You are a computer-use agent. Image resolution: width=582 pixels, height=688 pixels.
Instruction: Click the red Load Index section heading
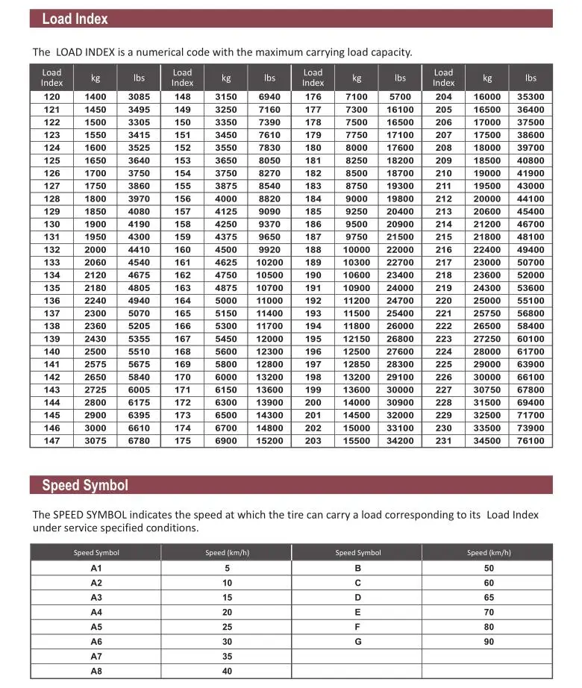(75, 19)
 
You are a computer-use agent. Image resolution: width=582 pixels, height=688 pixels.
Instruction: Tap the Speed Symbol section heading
(84, 485)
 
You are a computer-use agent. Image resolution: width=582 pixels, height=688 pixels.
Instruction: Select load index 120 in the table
(51, 97)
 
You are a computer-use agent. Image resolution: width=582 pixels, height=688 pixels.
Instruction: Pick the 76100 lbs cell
(531, 441)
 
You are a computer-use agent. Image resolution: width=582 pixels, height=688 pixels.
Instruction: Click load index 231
(443, 441)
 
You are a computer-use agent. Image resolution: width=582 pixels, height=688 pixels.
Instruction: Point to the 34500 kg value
(487, 441)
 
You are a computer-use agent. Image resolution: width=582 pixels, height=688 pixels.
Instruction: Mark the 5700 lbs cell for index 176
(400, 97)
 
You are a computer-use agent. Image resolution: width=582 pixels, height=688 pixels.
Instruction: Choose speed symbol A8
(96, 671)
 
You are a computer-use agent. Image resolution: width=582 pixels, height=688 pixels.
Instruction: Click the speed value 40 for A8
(227, 671)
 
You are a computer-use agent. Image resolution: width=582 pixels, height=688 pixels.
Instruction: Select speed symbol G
(358, 642)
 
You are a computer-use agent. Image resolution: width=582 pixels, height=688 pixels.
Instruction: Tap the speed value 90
(489, 642)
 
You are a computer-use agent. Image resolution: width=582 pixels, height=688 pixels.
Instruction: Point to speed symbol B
(358, 569)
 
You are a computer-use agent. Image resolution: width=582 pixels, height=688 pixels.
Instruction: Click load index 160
(182, 250)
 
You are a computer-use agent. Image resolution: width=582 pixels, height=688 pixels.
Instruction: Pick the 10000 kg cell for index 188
(357, 250)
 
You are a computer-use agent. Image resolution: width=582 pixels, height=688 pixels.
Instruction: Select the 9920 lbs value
(269, 250)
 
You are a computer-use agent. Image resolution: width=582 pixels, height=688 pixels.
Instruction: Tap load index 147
(51, 441)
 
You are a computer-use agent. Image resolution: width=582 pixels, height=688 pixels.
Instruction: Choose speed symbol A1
(96, 569)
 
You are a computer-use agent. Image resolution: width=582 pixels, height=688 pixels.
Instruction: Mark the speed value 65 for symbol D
(489, 598)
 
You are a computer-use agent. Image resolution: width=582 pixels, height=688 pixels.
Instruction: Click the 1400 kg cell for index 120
(96, 97)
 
